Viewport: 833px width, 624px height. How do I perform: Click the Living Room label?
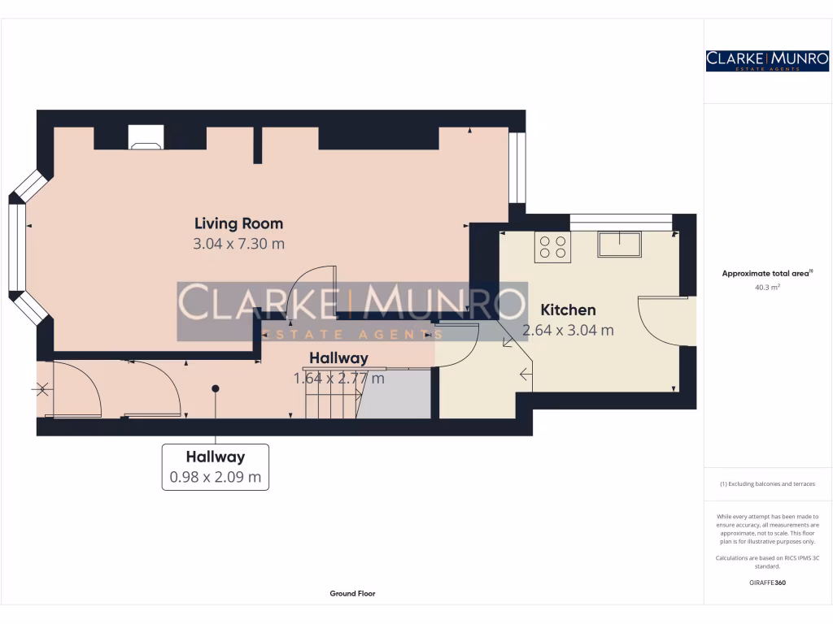[238, 223]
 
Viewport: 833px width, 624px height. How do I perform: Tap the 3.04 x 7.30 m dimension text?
[238, 244]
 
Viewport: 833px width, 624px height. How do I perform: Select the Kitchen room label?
[568, 310]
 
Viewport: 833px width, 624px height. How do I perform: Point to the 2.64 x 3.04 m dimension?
[568, 331]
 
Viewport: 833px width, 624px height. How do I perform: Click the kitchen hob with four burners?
[552, 247]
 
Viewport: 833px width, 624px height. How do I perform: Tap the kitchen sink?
[619, 244]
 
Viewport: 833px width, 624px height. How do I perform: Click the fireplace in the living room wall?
[145, 138]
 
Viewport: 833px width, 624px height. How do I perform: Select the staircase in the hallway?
[332, 398]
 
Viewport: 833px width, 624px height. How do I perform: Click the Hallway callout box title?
[215, 457]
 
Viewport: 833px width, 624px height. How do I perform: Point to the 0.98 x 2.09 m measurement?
[215, 477]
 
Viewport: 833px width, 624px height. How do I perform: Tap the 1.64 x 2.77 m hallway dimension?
[338, 378]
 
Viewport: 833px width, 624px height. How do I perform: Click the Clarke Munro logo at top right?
[767, 60]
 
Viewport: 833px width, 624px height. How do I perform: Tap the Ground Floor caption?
[352, 594]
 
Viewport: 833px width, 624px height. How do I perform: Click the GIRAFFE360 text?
[767, 583]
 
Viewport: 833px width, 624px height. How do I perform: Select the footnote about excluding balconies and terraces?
[767, 484]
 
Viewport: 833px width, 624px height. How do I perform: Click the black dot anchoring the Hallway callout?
[216, 388]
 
